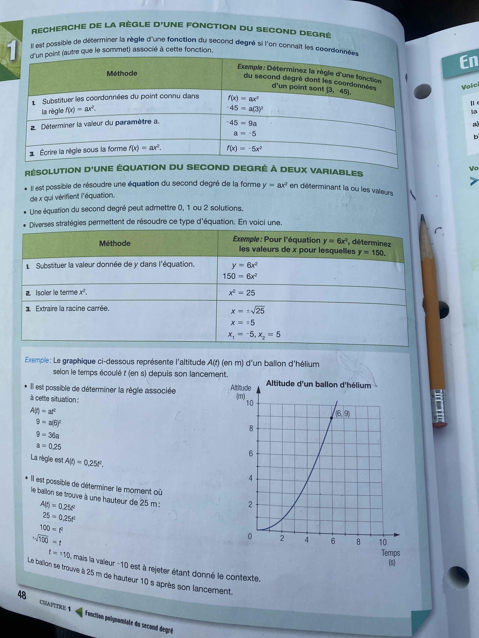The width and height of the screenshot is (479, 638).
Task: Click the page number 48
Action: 22,595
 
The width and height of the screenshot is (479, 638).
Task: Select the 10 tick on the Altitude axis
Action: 249,403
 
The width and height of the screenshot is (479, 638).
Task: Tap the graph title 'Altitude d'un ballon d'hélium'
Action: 318,384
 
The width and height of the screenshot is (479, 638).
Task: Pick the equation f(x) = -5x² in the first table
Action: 244,149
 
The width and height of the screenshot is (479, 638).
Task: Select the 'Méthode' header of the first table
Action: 122,73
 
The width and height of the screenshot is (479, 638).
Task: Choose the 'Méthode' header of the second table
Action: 115,243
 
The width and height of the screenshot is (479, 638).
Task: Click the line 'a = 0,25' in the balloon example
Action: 49,446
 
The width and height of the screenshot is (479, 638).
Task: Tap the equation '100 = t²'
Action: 51,528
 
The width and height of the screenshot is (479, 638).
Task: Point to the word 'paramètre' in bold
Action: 133,122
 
